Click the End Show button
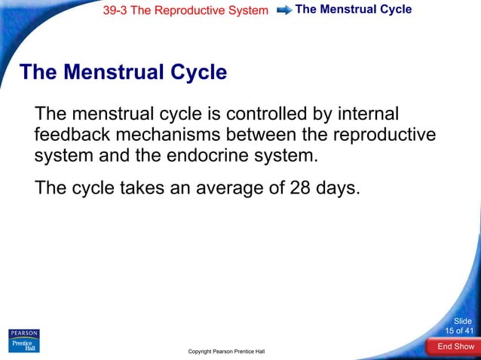[455, 346]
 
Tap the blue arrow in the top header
[284, 11]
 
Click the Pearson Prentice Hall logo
[23, 340]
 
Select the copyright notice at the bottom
[226, 352]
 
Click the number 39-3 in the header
[115, 11]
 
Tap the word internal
[368, 114]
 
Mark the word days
[339, 188]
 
